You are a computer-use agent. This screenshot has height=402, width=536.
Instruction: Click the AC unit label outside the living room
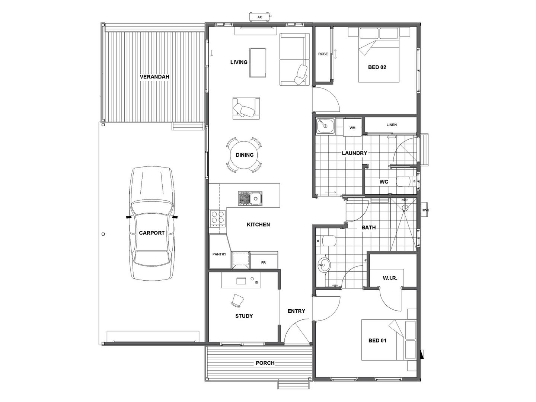259,17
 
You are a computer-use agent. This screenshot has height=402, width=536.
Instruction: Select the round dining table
245,155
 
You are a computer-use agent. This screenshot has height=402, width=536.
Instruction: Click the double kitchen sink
250,198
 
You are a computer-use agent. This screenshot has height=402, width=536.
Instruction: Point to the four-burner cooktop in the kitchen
218,219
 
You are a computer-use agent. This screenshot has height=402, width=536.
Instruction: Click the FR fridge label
263,263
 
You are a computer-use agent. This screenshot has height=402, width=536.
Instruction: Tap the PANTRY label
219,254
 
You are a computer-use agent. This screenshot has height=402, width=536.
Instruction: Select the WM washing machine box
352,127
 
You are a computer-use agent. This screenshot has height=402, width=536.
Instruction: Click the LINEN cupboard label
392,125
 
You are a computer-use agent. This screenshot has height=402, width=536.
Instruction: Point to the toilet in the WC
406,181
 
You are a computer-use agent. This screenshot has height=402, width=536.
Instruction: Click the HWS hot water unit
425,210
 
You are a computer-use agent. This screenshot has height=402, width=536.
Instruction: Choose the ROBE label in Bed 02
323,54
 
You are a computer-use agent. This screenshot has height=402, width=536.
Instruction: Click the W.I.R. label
390,278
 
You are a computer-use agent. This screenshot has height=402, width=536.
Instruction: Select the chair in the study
237,300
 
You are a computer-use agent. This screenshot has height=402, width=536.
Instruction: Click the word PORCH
265,363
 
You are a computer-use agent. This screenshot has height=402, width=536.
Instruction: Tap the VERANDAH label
154,77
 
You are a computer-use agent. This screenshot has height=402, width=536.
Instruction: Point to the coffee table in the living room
258,63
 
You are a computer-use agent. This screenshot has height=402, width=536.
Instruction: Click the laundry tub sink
325,126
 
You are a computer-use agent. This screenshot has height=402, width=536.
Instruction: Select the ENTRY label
296,311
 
